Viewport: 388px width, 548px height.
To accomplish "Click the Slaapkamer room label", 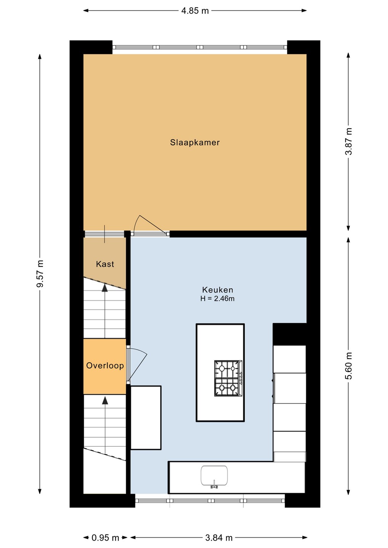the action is (x=195, y=142).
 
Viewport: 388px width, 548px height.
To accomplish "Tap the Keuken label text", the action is (x=218, y=290).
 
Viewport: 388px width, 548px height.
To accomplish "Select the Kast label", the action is (x=105, y=264).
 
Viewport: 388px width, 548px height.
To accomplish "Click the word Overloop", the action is (x=105, y=366).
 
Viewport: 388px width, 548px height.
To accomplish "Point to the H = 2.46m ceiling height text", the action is (x=218, y=299).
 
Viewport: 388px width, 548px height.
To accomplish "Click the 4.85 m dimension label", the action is (x=195, y=11).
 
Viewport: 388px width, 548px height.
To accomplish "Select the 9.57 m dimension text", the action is (x=40, y=274).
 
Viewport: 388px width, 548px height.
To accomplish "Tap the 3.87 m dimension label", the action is (x=348, y=142).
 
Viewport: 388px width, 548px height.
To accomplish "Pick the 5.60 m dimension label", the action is (x=348, y=366).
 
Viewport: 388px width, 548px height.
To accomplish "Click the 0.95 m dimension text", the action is (x=105, y=538).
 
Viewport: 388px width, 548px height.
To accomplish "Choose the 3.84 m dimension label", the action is (x=219, y=538).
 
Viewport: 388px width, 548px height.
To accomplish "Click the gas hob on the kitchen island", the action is (x=228, y=378).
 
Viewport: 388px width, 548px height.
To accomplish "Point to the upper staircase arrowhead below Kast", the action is (x=105, y=288).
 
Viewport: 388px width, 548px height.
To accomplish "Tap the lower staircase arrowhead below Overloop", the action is (x=105, y=400).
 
